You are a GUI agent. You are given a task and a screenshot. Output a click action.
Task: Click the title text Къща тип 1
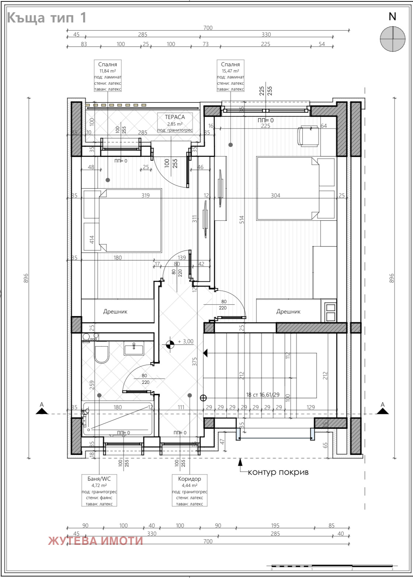pos(47,18)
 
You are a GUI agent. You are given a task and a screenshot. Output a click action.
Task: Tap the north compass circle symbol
pos(392,39)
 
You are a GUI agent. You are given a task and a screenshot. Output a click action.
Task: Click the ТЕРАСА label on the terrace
pos(175,117)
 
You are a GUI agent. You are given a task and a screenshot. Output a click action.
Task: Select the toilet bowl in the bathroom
pos(102,354)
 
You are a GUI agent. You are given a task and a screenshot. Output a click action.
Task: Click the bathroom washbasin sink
pos(134,348)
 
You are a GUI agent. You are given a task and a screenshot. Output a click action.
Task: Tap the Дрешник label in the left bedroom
pos(115,312)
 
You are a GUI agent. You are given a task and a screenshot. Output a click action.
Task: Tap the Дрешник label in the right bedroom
pos(288,312)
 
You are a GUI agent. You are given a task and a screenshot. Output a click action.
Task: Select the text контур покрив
pos(278,472)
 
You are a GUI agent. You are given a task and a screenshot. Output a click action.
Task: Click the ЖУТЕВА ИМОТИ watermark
pos(95,540)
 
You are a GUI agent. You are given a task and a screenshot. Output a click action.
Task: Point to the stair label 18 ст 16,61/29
pos(263,395)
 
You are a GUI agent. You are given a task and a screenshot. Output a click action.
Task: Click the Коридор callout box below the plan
pos(189,490)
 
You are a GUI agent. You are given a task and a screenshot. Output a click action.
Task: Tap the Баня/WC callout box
pos(99,490)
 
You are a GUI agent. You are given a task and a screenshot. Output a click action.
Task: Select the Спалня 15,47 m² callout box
pos(230,76)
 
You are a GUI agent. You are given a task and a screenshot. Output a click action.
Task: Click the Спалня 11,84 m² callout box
pos(108,76)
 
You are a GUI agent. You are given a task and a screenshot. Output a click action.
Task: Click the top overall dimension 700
pos(208,28)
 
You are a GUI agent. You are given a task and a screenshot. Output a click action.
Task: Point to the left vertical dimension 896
pos(26,278)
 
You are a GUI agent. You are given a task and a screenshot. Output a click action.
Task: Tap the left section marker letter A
pos(42,405)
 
